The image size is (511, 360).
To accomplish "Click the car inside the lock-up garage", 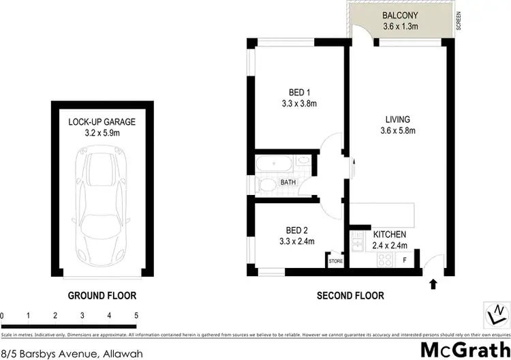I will (x=102, y=198).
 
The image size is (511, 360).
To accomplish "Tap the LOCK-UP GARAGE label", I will (x=102, y=122).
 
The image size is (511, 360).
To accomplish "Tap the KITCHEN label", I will (x=390, y=235).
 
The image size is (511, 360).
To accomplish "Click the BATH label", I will (x=288, y=182).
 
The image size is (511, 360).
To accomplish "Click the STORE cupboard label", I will (x=335, y=261).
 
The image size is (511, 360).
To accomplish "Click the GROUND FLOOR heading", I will (x=102, y=296).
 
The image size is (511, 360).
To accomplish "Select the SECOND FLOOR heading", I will (x=350, y=296).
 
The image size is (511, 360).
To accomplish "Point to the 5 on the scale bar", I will (x=136, y=316).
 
